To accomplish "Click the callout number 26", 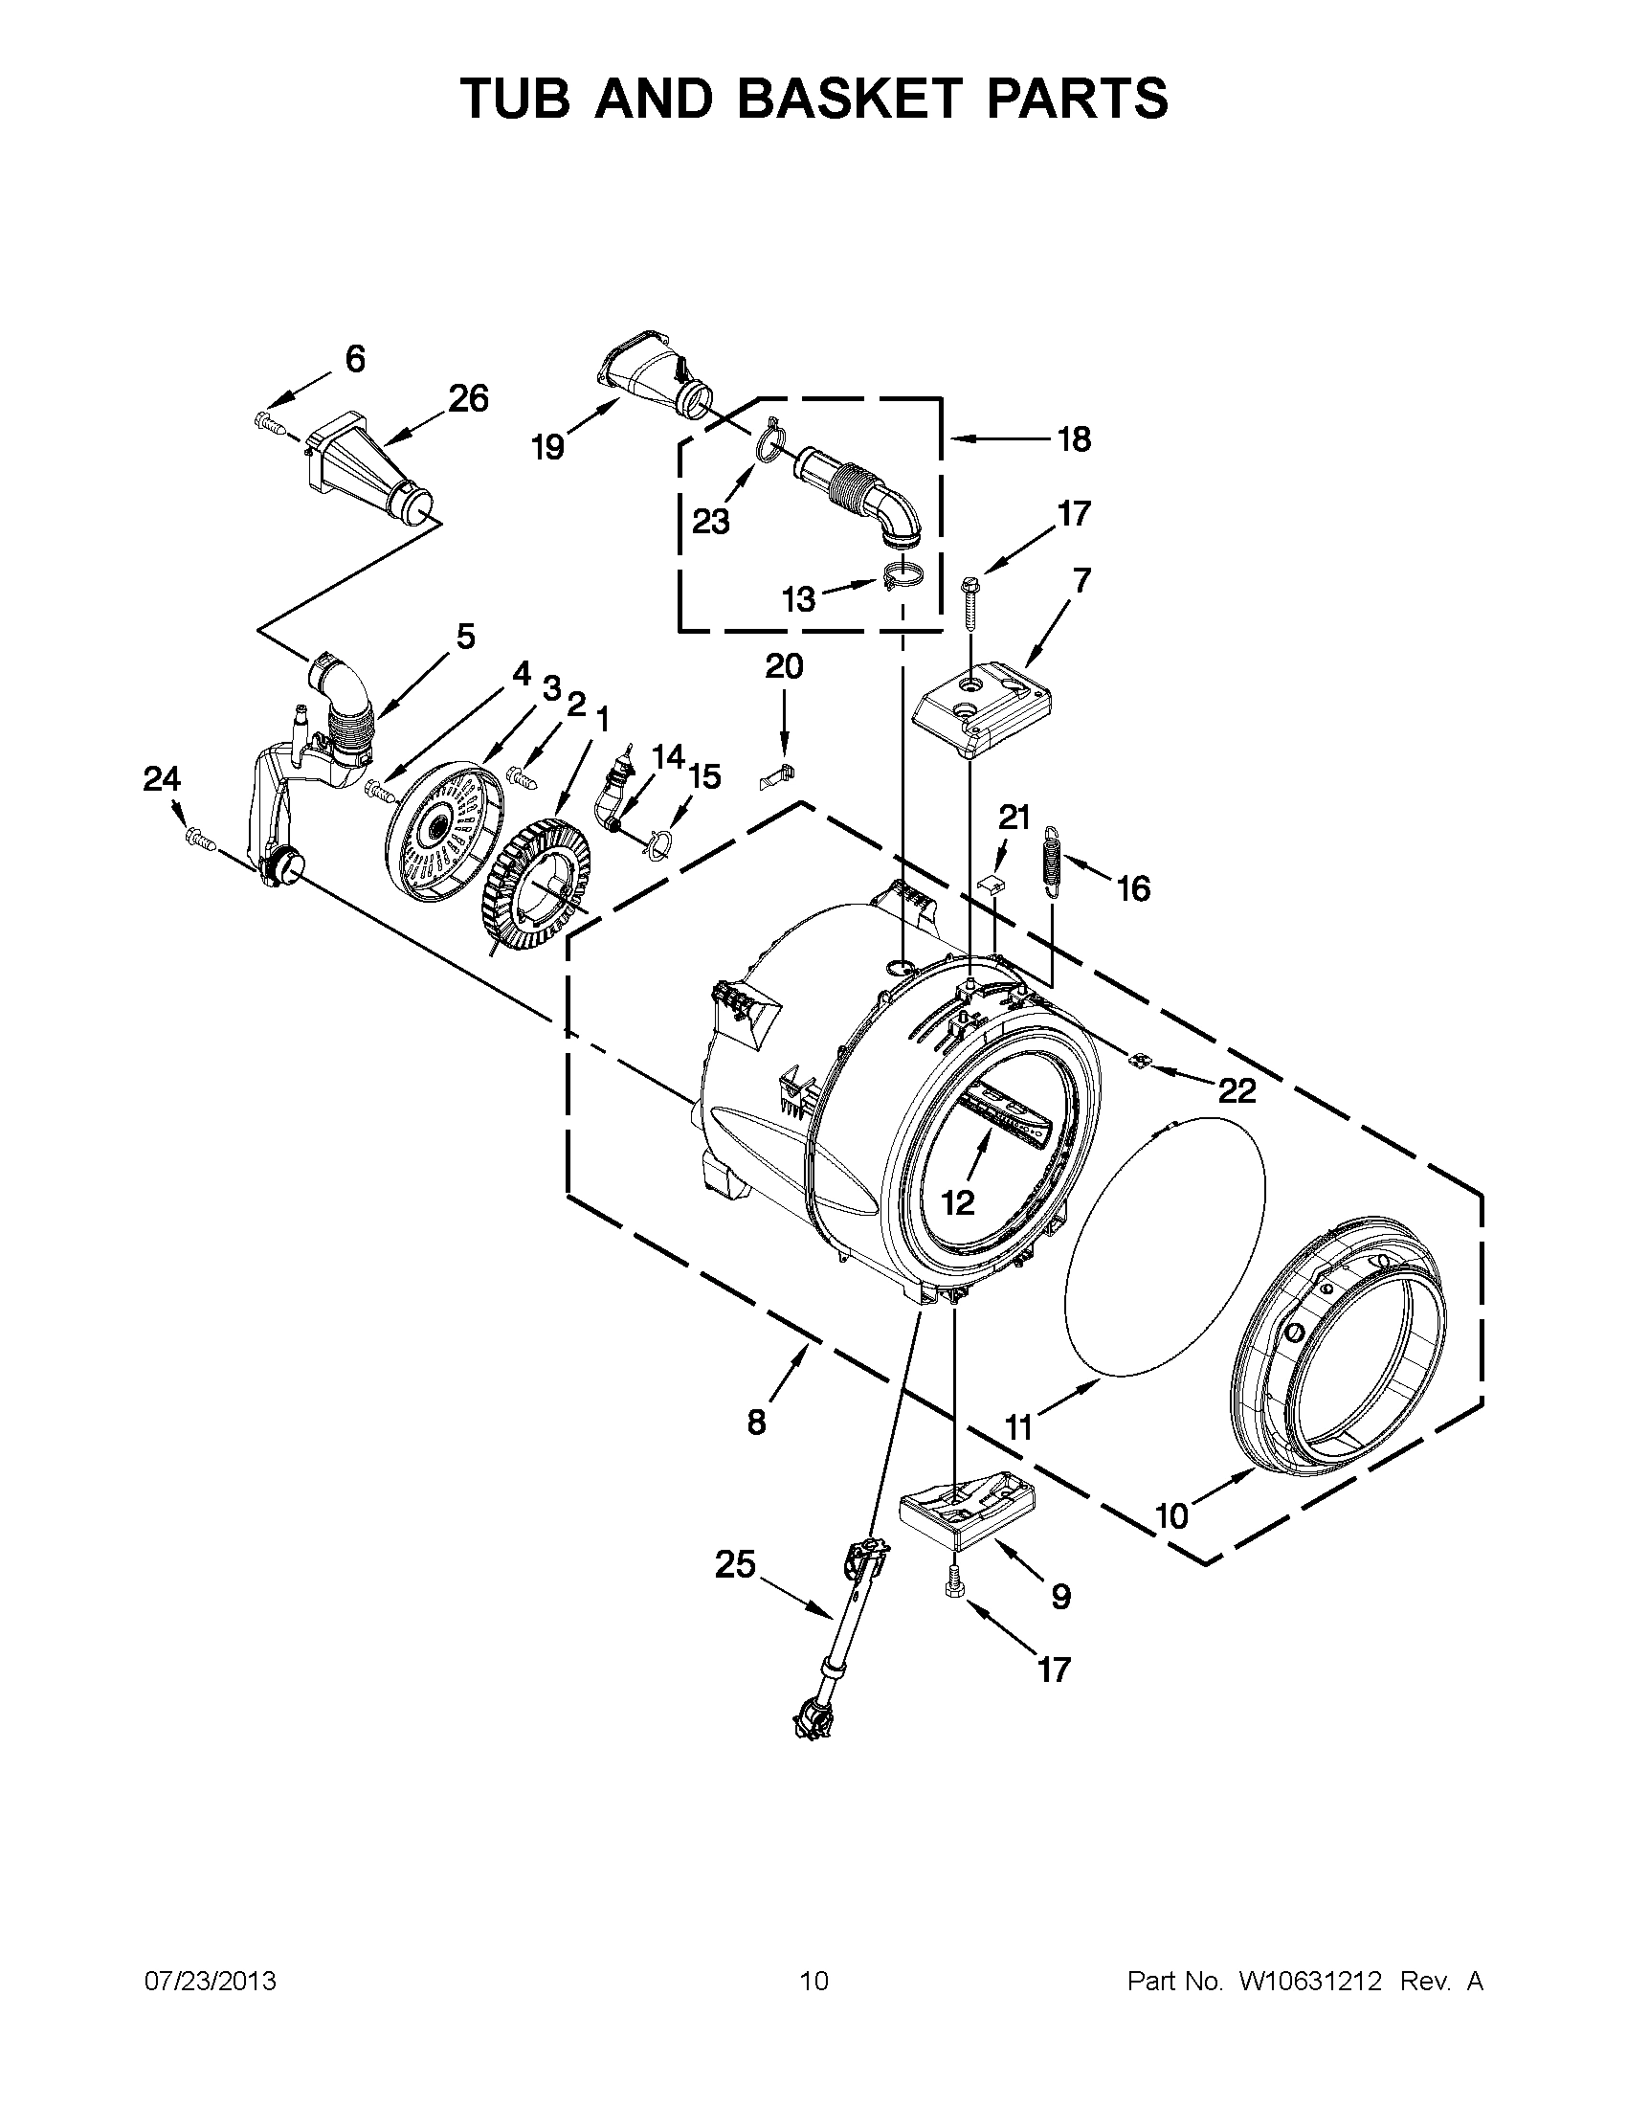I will click(469, 397).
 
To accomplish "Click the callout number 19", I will click(548, 447).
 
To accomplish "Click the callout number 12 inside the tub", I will click(958, 1202).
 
